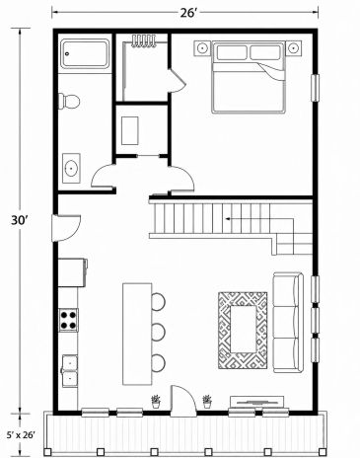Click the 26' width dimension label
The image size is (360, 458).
point(187,13)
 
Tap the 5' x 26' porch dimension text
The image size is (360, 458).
point(21,435)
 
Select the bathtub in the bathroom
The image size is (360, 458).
point(86,54)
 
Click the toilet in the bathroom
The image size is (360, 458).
point(69,101)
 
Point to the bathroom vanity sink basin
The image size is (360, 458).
point(71,169)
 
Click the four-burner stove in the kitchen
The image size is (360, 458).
point(68,320)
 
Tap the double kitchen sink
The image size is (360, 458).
point(69,371)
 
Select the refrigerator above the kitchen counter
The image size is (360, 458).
point(73,272)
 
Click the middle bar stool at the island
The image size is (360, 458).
point(158,332)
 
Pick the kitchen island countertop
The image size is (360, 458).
point(137,334)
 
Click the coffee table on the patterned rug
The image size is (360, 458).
point(243,329)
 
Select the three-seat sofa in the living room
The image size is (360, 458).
point(288,323)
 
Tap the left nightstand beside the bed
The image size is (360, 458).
point(202,48)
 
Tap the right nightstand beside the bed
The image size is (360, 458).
point(293,48)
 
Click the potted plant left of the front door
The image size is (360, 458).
point(156,402)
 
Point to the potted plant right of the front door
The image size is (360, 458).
point(207,402)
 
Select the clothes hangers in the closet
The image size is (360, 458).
point(143,41)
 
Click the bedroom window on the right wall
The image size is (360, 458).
point(315,88)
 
